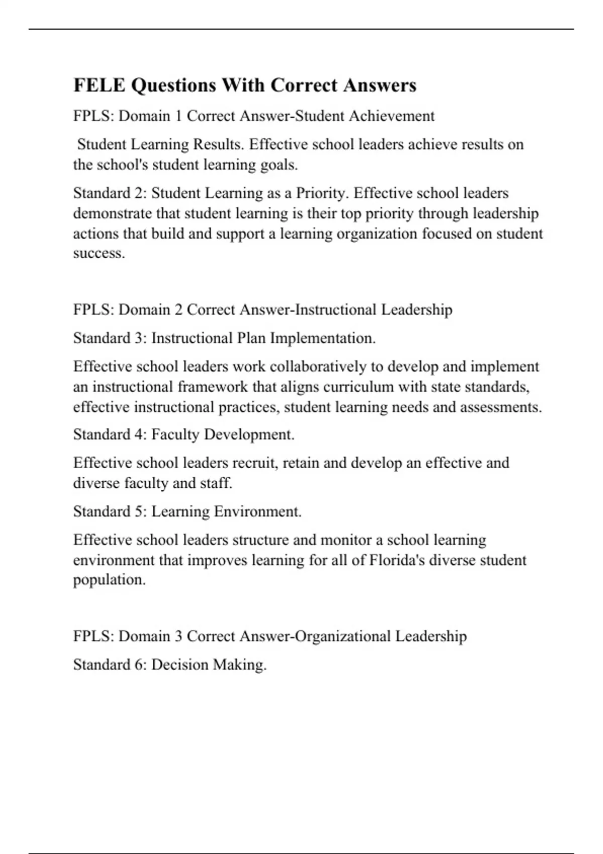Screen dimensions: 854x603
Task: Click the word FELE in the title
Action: [x=99, y=85]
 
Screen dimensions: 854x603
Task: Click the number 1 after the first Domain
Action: [x=177, y=116]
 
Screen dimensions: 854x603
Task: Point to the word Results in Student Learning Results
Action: [x=219, y=145]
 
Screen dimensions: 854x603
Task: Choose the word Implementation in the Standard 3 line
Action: [x=322, y=338]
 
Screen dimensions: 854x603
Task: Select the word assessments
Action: [x=500, y=407]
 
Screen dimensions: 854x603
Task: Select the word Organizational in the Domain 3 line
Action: [x=342, y=636]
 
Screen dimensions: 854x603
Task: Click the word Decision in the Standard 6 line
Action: [x=179, y=665]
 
